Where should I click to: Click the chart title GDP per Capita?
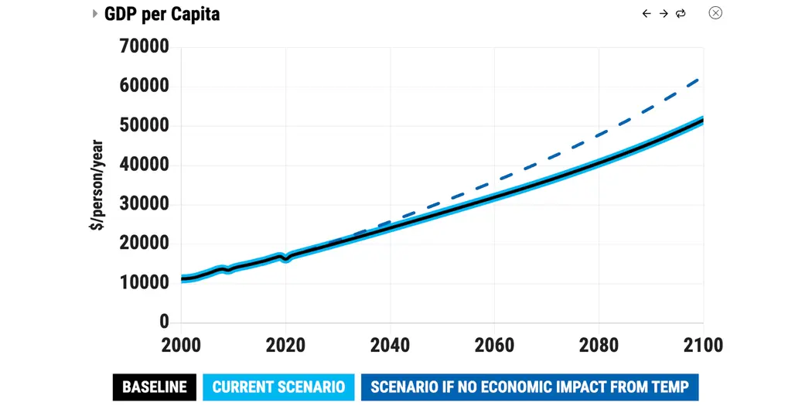pos(162,14)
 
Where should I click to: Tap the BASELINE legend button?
pos(155,387)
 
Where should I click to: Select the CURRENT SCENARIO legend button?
pos(278,387)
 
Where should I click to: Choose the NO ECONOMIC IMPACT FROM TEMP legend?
pos(530,387)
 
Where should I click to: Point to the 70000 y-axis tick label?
pos(144,46)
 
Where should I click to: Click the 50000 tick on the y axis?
pos(144,125)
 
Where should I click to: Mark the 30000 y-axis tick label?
pos(144,204)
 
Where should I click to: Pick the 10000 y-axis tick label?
pos(144,283)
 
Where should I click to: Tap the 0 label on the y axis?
pos(163,322)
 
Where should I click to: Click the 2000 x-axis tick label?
pos(181,344)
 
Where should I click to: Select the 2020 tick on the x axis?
pos(285,344)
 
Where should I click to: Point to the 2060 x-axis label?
pos(494,344)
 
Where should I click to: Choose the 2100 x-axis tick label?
pos(701,344)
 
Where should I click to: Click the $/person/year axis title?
pos(97,184)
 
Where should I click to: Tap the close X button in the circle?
pos(715,13)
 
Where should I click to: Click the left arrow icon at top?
pos(647,14)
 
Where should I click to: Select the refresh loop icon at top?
pos(681,14)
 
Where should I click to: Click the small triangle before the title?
pos(95,14)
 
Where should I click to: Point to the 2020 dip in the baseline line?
pos(285,259)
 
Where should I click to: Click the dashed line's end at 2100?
pos(701,77)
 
